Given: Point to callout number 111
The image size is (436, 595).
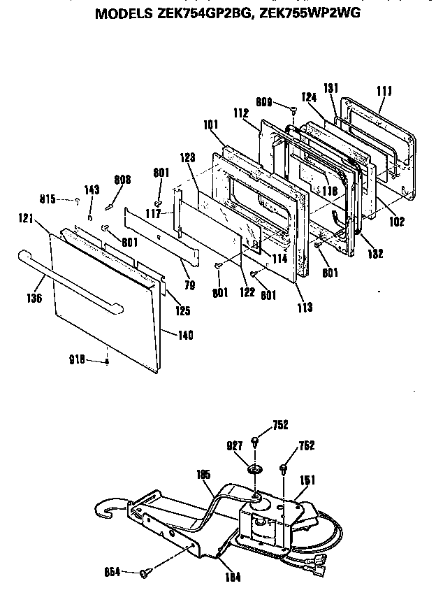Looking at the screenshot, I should [x=384, y=90].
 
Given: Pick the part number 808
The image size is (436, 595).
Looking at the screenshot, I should [x=123, y=179].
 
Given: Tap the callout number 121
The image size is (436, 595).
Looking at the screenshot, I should [x=27, y=219].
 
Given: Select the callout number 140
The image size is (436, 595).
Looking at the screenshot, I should [x=185, y=335].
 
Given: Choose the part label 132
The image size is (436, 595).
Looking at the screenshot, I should [x=375, y=254].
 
